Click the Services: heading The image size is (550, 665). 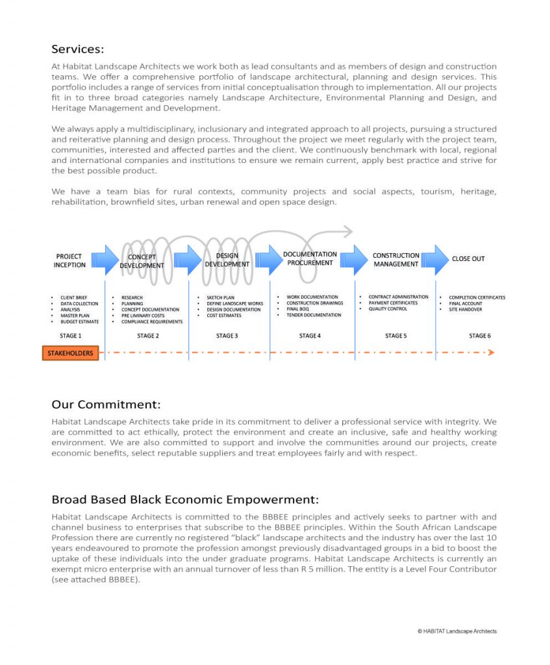click(77, 49)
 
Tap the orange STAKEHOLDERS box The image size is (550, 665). click(70, 353)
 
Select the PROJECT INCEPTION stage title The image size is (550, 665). click(69, 260)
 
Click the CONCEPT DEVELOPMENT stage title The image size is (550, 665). click(142, 262)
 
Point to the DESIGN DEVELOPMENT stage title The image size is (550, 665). click(227, 260)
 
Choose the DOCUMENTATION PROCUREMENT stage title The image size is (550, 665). click(310, 258)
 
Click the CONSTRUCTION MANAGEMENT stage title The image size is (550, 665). click(395, 260)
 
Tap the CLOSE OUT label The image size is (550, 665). click(468, 258)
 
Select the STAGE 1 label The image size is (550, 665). click(70, 336)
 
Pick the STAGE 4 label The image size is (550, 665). click(310, 336)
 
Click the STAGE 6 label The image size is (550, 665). click(480, 336)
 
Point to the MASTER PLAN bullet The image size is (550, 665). click(75, 316)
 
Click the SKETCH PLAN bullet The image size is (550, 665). click(220, 298)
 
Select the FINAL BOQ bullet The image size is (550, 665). click(297, 309)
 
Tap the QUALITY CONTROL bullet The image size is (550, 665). click(388, 309)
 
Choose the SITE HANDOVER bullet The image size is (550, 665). click(466, 310)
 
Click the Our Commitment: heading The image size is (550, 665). click(106, 405)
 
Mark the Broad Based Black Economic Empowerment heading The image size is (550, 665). click(185, 499)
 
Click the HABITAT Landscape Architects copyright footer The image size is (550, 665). click(457, 631)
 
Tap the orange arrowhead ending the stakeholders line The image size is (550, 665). click(491, 353)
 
